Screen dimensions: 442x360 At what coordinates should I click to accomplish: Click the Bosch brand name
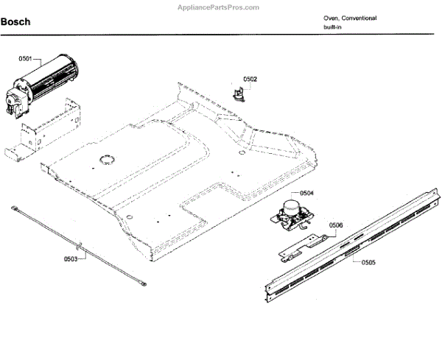point(15,22)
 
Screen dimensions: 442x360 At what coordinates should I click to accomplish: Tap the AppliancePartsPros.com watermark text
point(220,7)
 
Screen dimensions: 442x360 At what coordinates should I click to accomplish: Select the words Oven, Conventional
point(350,18)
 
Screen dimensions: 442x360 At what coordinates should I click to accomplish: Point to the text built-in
point(333,27)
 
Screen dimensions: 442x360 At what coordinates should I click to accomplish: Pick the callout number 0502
point(250,79)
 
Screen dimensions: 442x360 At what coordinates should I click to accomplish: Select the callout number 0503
point(71,259)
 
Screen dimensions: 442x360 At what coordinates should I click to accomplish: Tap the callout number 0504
point(306,193)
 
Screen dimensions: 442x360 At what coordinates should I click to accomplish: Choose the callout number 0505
point(368,262)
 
